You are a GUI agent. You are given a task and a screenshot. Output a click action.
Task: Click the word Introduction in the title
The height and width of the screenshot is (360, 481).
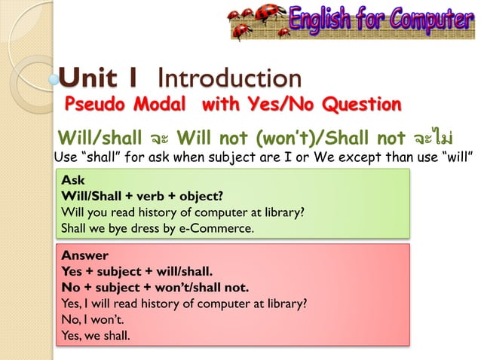(x=230, y=78)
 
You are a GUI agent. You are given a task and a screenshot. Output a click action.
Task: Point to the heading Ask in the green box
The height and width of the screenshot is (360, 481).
(x=73, y=182)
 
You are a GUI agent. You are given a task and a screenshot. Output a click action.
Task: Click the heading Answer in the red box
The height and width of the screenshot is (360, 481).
(x=84, y=255)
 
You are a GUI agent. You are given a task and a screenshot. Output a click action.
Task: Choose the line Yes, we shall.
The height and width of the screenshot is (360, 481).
(x=96, y=335)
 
